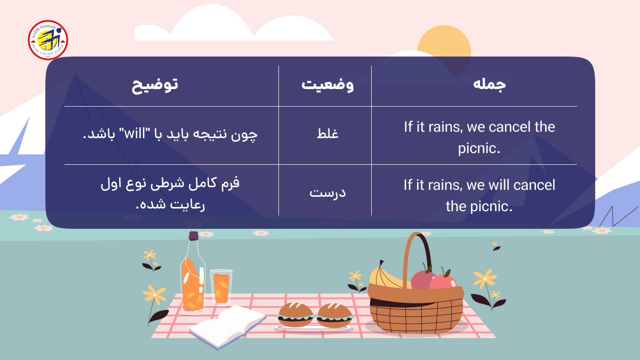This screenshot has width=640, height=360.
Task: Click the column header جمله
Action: coord(489,86)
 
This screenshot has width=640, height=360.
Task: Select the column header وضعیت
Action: coord(324,86)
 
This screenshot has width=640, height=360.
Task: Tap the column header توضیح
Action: coord(155,86)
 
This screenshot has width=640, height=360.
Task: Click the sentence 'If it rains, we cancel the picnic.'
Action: coord(479,137)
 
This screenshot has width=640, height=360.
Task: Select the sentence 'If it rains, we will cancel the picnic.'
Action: coord(479,195)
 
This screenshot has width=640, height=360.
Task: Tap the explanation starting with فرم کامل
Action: coord(171,193)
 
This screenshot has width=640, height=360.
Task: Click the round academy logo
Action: coord(48,40)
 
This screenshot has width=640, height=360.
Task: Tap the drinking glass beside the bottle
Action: coord(221,287)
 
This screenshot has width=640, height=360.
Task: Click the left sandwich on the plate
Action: coord(295,315)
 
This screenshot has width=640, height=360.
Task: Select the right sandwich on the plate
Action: coord(334,315)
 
